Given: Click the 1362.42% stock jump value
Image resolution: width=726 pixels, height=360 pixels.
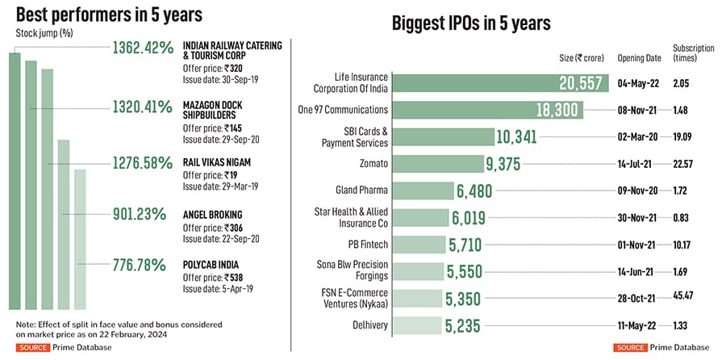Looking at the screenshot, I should click(x=142, y=48).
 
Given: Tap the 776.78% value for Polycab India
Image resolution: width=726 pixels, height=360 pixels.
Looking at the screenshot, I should click(x=142, y=264).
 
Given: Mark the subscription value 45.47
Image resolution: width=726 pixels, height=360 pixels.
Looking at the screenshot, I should click(x=686, y=299).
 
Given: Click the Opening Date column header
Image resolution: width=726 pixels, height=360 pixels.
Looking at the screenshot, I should click(x=640, y=58).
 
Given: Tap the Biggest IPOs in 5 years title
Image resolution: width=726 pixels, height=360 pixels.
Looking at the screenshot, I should click(x=471, y=23).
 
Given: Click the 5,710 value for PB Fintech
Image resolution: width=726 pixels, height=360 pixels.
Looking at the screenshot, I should click(x=468, y=245).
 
